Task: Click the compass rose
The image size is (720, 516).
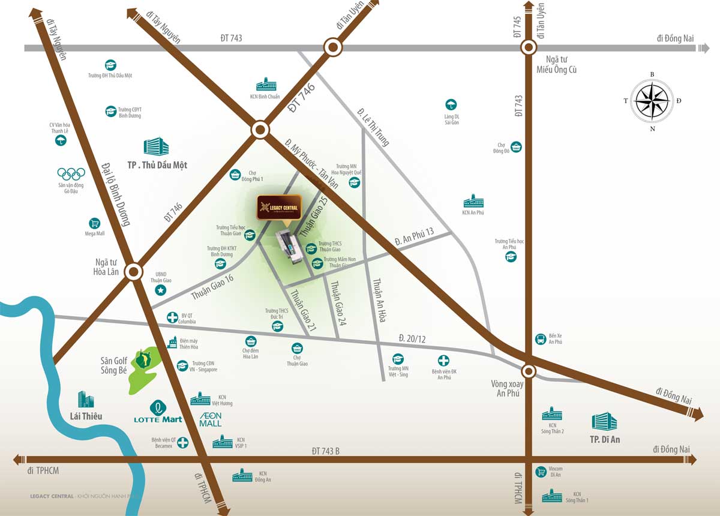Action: pyautogui.click(x=652, y=101)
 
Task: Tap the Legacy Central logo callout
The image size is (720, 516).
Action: pyautogui.click(x=279, y=208)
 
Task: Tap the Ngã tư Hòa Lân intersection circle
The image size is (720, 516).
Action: pyautogui.click(x=134, y=272)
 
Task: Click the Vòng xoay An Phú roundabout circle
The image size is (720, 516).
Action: pyautogui.click(x=528, y=370)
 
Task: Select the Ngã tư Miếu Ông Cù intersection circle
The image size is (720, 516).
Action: pyautogui.click(x=528, y=47)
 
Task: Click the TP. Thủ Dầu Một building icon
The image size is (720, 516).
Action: pyautogui.click(x=156, y=147)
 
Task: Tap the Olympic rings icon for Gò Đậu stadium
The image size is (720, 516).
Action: pyautogui.click(x=71, y=173)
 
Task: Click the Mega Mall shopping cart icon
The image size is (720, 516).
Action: pyautogui.click(x=94, y=223)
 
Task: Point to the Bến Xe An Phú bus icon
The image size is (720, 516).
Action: pyautogui.click(x=541, y=340)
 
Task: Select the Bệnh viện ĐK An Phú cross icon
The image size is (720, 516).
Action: pyautogui.click(x=443, y=361)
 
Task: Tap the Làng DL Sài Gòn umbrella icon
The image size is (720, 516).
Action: pyautogui.click(x=451, y=104)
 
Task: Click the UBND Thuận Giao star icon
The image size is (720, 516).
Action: pyautogui.click(x=160, y=290)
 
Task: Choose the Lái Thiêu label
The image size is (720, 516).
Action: pyautogui.click(x=86, y=416)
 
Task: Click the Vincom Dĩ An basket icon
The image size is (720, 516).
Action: pyautogui.click(x=541, y=472)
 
